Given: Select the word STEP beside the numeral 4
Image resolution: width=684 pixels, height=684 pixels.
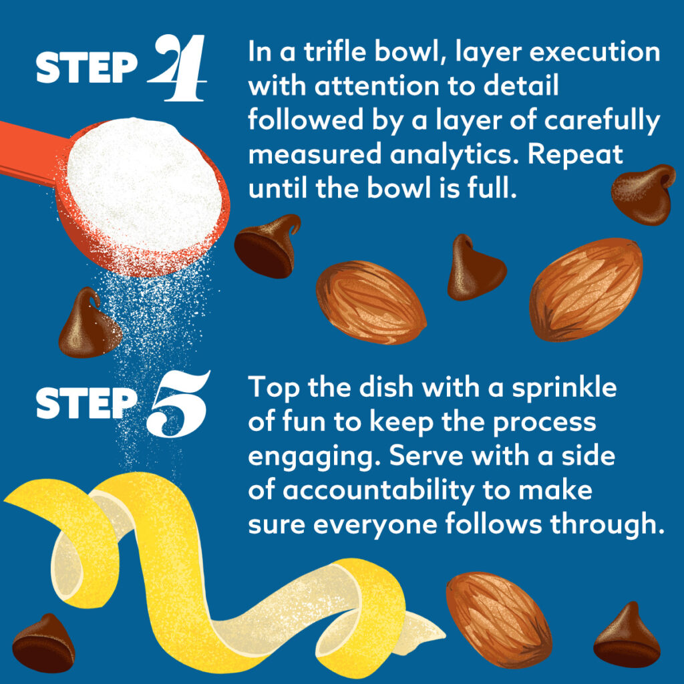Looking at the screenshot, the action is pos(86,67).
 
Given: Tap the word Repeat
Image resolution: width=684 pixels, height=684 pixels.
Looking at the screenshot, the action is pos(575,155).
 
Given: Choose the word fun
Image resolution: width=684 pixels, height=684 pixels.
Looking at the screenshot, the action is pos(305,422).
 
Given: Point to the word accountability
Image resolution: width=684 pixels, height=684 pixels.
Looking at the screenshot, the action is pos(378,490).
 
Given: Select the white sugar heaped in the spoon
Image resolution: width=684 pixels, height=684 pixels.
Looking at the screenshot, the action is pos(144,183).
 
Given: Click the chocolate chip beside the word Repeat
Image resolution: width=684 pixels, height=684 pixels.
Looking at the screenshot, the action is pos(643,194).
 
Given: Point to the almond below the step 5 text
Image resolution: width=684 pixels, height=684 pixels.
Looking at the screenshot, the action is pos(498,619).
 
